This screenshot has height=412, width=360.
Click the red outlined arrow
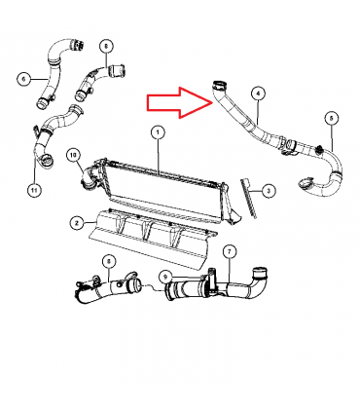pyautogui.click(x=180, y=102)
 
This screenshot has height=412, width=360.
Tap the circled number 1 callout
pyautogui.click(x=158, y=132)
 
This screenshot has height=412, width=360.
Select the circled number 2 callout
pyautogui.click(x=77, y=223)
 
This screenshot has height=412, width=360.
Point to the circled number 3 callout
pyautogui.click(x=268, y=191)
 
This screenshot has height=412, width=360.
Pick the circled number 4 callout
pyautogui.click(x=258, y=94)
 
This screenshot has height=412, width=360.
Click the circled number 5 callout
pyautogui.click(x=332, y=119)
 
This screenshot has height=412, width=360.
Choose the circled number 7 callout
pyautogui.click(x=230, y=251)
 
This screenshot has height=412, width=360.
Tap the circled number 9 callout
pyautogui.click(x=165, y=277)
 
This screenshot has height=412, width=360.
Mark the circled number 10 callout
pyautogui.click(x=73, y=155)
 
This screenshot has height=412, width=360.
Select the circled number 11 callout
pyautogui.click(x=34, y=190)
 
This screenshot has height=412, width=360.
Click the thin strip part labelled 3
pyautogui.click(x=248, y=198)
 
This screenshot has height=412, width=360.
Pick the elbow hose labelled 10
pyautogui.click(x=88, y=178)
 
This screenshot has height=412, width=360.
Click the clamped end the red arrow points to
pyautogui.click(x=219, y=86)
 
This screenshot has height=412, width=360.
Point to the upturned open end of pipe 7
pyautogui.click(x=260, y=272)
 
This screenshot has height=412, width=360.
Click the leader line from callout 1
pyautogui.click(x=159, y=156)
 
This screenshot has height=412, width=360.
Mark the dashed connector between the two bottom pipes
pyautogui.click(x=155, y=288)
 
